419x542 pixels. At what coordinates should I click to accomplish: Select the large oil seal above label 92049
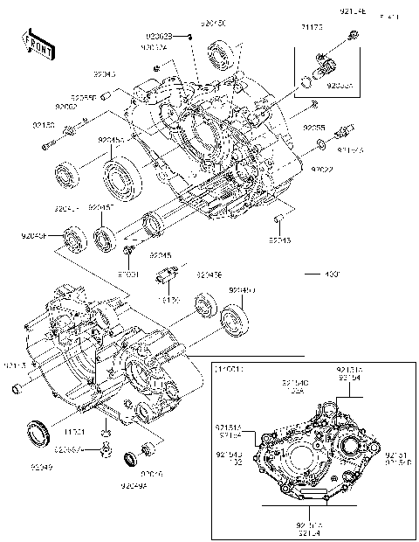pyautogui.click(x=38, y=431)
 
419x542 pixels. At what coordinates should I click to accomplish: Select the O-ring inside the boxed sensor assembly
pyautogui.click(x=306, y=83)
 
